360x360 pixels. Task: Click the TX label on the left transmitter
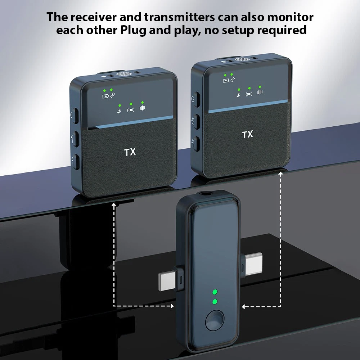click(x=130, y=152)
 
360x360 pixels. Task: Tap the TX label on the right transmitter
click(x=248, y=135)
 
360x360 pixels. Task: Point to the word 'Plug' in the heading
click(x=134, y=31)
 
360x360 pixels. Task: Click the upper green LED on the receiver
click(x=215, y=292)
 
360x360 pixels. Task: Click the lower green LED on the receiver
click(x=215, y=301)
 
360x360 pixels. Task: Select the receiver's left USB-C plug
click(x=170, y=282)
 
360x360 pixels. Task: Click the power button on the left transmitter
click(x=75, y=116)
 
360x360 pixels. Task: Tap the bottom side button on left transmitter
click(x=75, y=162)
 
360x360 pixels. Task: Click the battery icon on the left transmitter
click(x=105, y=96)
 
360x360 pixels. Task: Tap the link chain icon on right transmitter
click(x=233, y=80)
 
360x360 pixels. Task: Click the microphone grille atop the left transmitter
click(x=123, y=74)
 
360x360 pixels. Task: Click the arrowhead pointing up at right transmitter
click(x=280, y=174)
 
